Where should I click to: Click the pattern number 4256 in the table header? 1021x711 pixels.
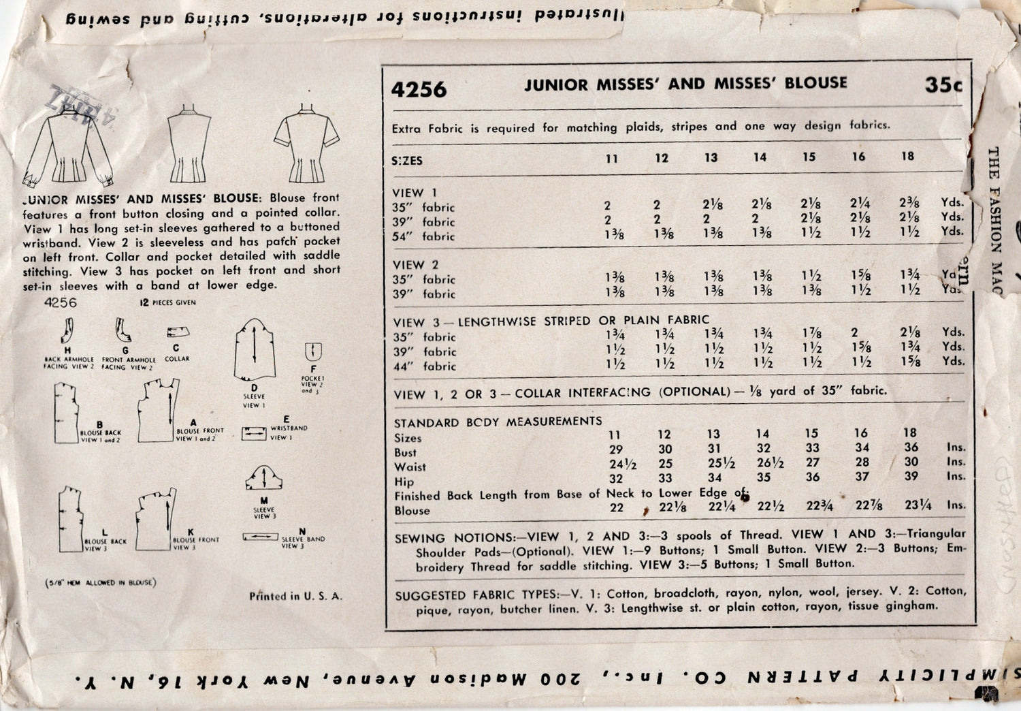click(419, 89)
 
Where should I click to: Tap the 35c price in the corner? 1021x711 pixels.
click(943, 85)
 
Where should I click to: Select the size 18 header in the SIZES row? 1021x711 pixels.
click(907, 156)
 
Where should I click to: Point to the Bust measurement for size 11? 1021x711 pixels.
click(616, 449)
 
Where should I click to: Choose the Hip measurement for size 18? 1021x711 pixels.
click(911, 476)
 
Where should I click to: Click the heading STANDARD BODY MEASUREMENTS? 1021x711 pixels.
click(498, 422)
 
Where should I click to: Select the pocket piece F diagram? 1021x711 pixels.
click(313, 352)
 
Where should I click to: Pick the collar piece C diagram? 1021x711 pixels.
click(178, 333)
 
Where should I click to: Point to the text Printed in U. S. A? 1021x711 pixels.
click(295, 597)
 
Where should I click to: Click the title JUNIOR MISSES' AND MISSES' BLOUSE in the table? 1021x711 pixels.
click(685, 84)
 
